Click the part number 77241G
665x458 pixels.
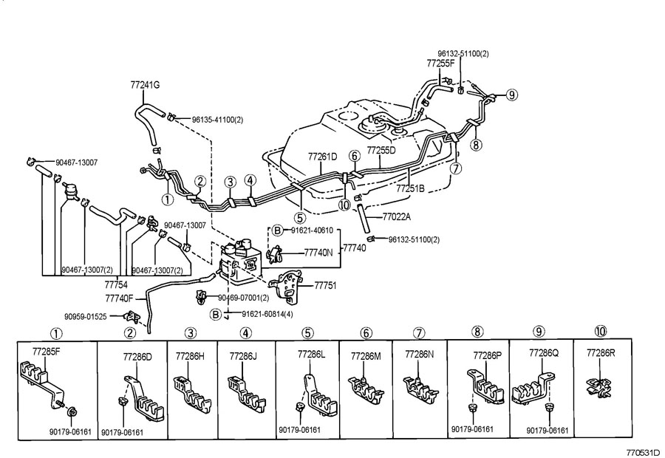tap(146, 85)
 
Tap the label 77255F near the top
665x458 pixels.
tap(441, 64)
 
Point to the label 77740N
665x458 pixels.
tap(319, 252)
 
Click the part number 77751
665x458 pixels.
tap(325, 284)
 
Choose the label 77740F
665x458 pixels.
tap(119, 298)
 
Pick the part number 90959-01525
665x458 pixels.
tap(85, 316)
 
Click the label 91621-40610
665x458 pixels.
tap(311, 230)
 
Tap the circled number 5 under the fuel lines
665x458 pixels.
tap(299, 218)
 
